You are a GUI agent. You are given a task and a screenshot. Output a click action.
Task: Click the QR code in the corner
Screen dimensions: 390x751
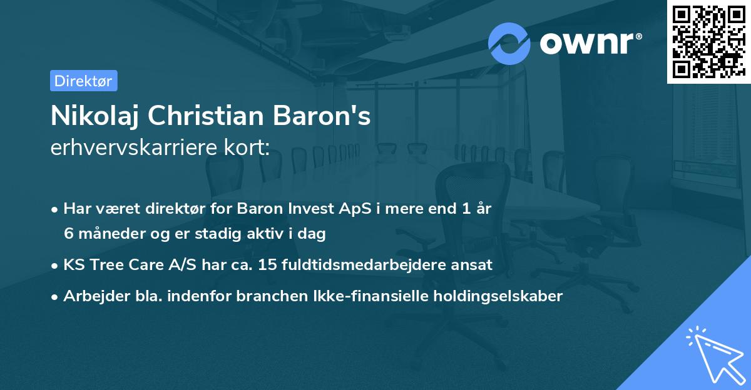click(708, 42)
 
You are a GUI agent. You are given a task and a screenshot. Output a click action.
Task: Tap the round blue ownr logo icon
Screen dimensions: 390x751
click(509, 44)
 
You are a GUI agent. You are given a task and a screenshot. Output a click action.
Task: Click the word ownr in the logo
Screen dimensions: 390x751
click(590, 44)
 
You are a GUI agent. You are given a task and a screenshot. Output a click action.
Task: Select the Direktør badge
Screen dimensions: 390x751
click(83, 81)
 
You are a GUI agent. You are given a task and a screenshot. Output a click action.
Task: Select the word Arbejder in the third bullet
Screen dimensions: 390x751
click(89, 296)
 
